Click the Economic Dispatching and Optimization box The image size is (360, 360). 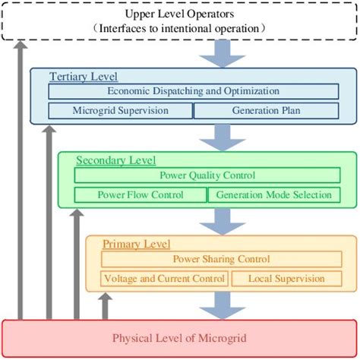[x=193, y=91]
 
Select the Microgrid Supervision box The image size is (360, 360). [x=120, y=110]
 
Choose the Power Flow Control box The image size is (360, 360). [x=140, y=194]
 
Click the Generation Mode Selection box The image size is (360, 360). [x=273, y=194]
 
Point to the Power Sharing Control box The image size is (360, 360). [x=221, y=260]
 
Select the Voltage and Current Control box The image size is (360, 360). [x=164, y=279]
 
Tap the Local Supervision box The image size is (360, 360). [x=286, y=279]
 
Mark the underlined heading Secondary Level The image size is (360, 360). [x=115, y=160]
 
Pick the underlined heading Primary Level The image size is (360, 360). [x=136, y=245]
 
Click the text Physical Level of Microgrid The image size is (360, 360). [x=178, y=337]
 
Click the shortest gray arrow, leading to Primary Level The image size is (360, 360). [x=105, y=306]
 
